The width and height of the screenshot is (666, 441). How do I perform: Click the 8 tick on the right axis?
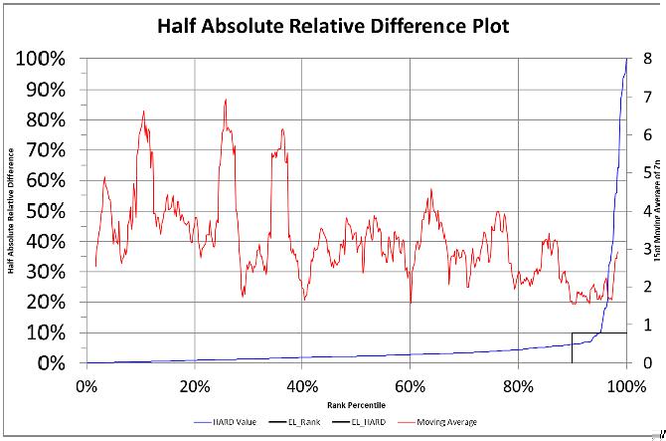648,59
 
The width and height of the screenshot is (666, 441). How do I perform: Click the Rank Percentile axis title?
355,406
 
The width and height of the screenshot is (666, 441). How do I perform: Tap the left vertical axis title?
11,211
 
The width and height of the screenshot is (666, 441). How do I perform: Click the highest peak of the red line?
226,100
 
